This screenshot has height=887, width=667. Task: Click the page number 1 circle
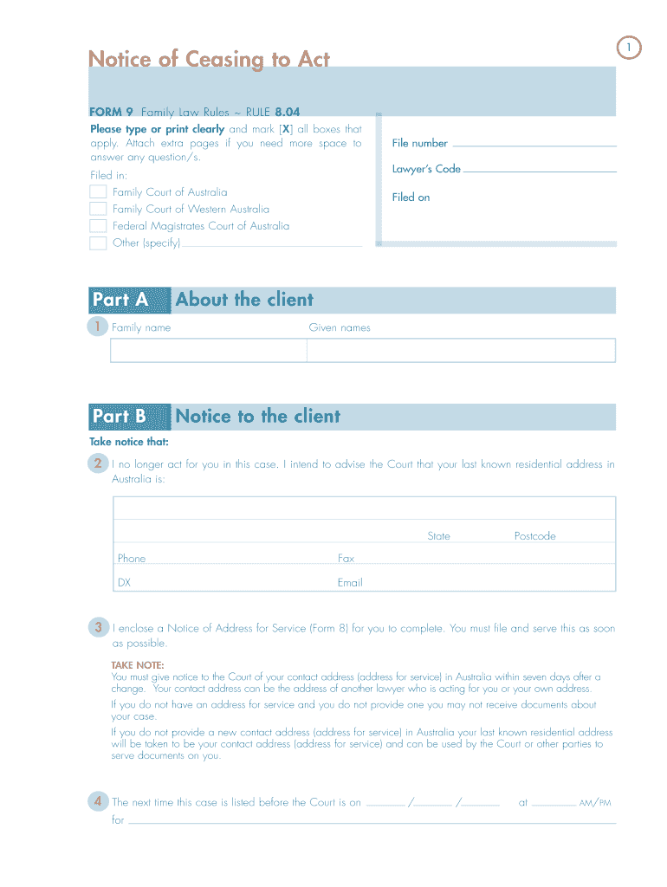630,49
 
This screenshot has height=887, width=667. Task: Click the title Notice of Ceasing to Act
209,59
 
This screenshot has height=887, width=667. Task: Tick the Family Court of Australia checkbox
98,192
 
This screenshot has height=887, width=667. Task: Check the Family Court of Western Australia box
98,209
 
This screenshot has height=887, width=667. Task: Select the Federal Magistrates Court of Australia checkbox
98,226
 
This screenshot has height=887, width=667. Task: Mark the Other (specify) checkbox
98,243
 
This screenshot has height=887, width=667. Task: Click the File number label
419,144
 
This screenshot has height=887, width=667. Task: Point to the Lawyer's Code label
426,169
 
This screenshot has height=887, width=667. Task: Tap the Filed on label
411,197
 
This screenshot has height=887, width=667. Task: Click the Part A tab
120,300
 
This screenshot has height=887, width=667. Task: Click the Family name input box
208,350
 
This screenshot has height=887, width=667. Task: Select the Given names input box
461,350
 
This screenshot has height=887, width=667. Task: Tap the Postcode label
534,536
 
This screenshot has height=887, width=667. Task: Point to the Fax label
346,559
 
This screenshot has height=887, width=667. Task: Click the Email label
350,583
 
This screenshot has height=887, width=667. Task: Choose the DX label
124,583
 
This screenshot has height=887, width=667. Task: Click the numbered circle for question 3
99,627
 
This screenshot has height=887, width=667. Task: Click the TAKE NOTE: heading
137,665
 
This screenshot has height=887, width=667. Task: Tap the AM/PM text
595,803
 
